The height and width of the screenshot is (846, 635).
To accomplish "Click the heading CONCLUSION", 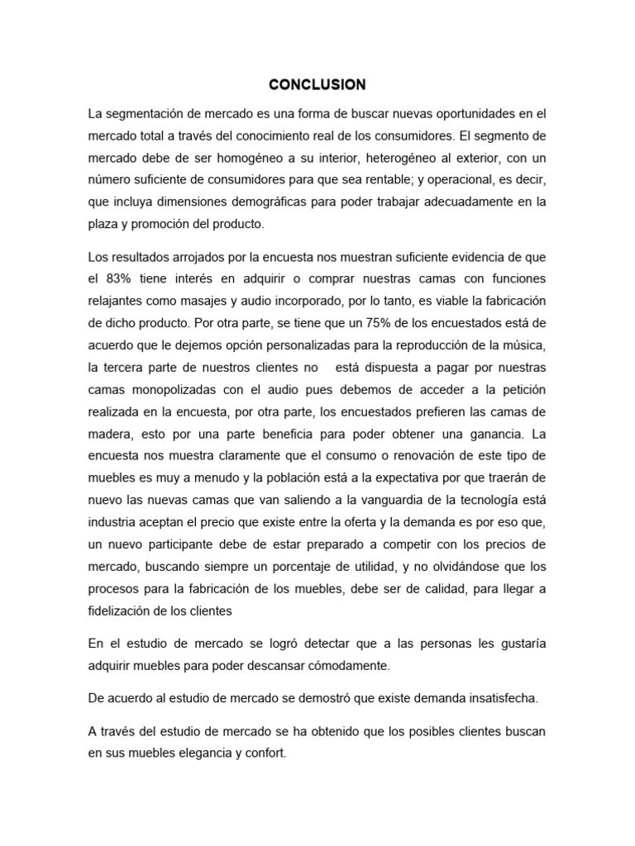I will (317, 84).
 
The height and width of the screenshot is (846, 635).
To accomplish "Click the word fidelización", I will (127, 611).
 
